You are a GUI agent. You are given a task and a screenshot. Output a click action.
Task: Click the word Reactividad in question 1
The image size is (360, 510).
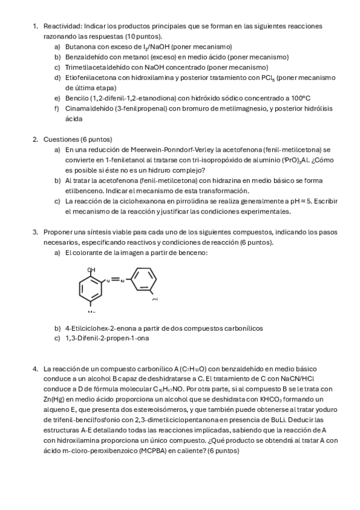pyautogui.click(x=62, y=26)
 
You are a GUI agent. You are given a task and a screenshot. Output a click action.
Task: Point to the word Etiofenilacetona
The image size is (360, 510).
pyautogui.click(x=91, y=78)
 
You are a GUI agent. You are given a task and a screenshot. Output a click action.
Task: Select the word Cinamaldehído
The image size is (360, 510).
pyautogui.click(x=90, y=108)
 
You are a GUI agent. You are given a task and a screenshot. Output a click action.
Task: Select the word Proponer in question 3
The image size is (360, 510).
pyautogui.click(x=59, y=232)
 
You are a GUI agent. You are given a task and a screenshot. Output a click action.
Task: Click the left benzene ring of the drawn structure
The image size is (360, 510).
pyautogui.click(x=91, y=287)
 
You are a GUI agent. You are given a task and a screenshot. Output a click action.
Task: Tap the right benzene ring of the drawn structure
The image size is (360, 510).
pyautogui.click(x=143, y=281)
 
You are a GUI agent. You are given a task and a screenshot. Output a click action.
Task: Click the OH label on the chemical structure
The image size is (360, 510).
pyautogui.click(x=91, y=270)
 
